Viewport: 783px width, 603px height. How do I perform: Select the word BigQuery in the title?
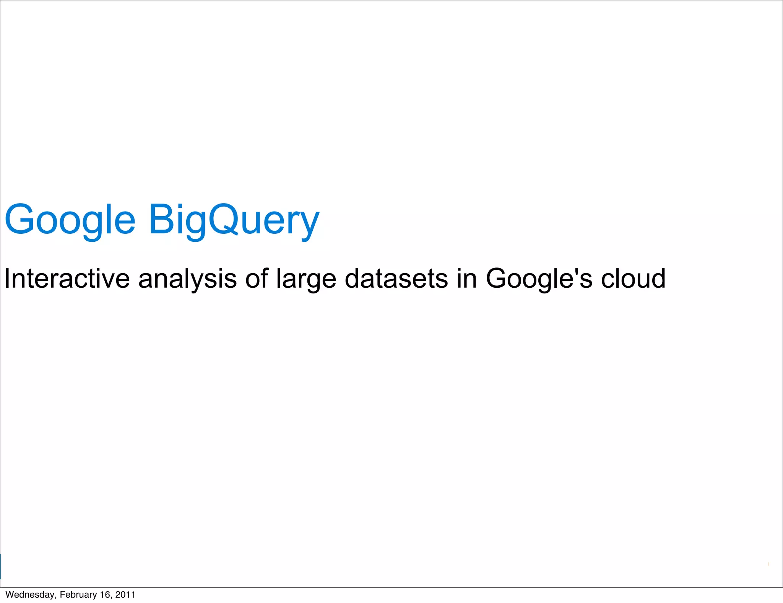tap(234, 221)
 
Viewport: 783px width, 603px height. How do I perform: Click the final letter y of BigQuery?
tap(309, 225)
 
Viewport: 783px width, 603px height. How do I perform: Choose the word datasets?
tap(396, 278)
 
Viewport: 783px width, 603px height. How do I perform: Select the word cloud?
tap(633, 278)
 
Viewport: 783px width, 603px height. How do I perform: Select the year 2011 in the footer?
tap(125, 595)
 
